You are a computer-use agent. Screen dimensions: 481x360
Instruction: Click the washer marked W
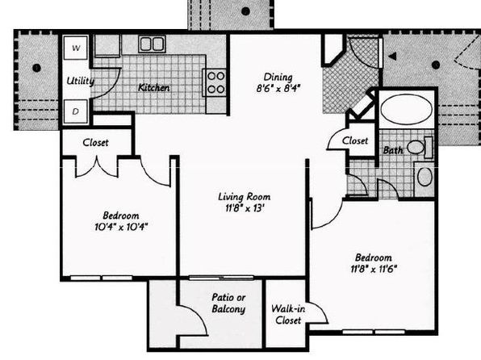pos(76,48)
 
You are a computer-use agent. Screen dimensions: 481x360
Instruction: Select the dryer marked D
pos(76,111)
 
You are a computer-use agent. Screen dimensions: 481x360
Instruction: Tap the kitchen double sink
pos(152,44)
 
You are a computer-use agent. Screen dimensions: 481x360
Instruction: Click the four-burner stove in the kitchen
pos(215,82)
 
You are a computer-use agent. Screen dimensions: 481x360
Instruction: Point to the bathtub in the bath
pos(407,109)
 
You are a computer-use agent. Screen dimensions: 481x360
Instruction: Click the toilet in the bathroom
pos(420,148)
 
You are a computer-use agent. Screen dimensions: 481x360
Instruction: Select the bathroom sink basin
pos(425,177)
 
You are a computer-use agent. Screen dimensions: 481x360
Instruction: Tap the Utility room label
pos(81,81)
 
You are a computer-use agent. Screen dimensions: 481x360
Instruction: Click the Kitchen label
pos(154,88)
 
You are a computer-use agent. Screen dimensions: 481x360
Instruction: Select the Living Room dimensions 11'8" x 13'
pos(245,208)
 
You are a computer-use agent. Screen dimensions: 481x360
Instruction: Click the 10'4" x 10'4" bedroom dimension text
pos(121,227)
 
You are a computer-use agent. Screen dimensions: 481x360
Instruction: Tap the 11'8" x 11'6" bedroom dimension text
pos(374,269)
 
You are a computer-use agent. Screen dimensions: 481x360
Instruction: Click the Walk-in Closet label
pos(288,314)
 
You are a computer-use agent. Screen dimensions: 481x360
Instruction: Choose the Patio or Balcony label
pos(229,303)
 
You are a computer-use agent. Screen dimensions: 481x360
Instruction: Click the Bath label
pos(393,150)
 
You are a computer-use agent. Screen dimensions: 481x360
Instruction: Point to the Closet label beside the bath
pos(355,140)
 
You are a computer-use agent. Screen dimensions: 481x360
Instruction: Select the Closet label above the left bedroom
pos(95,142)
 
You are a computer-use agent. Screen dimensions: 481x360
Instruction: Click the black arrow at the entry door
pos(393,57)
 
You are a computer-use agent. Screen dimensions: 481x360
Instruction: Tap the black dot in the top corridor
pos(245,11)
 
